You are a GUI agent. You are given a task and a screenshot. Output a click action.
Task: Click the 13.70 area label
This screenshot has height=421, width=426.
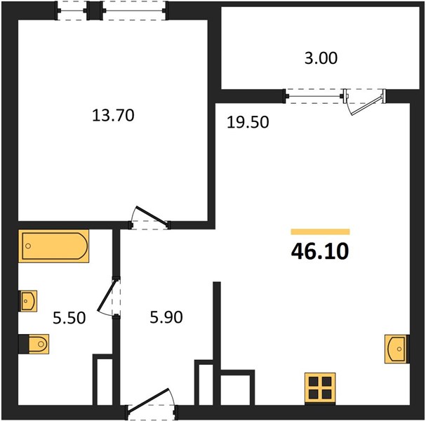pos(113,115)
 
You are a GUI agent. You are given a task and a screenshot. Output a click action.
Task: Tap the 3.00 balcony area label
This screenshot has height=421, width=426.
pos(321,58)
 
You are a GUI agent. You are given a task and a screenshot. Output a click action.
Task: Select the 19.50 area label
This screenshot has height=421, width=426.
pos(248,122)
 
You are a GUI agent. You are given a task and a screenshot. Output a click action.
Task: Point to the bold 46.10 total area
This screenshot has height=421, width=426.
pos(320,251)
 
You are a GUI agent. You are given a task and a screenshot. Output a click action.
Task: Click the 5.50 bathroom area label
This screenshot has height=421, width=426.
pos(69,318)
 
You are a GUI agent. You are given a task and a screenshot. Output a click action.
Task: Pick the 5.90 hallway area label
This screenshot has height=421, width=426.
pos(166,317)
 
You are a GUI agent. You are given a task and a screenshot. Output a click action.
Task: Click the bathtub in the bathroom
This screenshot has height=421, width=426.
pos(54,246)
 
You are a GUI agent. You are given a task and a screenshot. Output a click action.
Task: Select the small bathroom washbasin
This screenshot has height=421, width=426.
pos(27,301)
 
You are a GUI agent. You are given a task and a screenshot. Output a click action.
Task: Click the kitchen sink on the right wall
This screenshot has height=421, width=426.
pos(397,349)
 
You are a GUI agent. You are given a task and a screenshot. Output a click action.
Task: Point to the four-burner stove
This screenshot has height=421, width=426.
pos(320,389)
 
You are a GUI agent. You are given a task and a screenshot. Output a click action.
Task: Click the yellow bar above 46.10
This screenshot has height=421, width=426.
pos(320,232)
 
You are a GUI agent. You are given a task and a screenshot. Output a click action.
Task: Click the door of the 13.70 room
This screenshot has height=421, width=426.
pos(149,218)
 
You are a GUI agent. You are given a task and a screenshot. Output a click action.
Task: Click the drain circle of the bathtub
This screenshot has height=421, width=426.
pos(28,246)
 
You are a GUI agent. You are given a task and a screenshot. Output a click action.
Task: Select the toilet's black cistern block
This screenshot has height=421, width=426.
pos(24,344)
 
